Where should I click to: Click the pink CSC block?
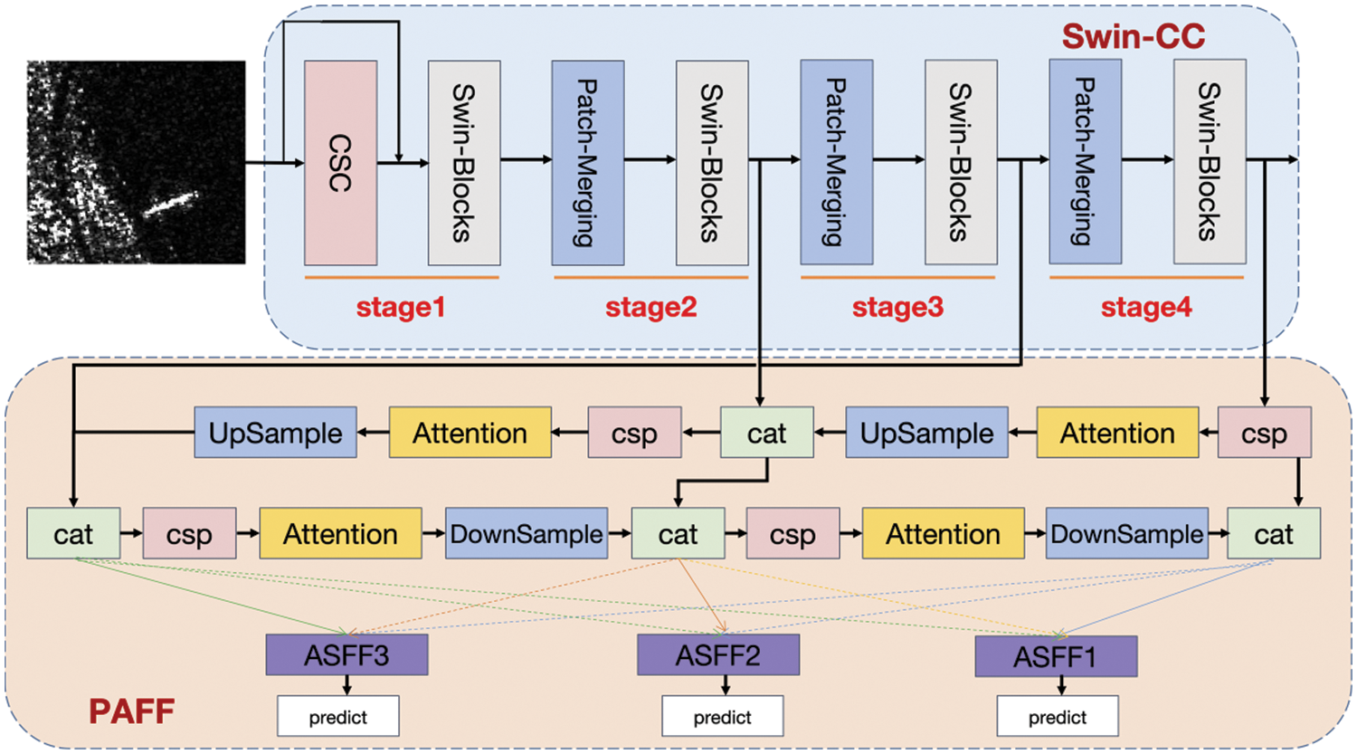point(340,162)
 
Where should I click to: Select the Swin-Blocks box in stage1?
point(464,162)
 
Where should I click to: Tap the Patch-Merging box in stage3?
point(837,162)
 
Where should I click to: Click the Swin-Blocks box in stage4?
point(1210,161)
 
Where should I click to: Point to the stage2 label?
point(651,307)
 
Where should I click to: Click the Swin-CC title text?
point(1134,36)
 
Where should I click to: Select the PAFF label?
point(131,711)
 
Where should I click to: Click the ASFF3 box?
point(346,654)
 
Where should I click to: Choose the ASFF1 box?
point(1056,656)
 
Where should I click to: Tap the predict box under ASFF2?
point(722,716)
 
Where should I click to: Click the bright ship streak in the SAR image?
point(171,204)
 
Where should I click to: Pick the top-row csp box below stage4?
point(1265,432)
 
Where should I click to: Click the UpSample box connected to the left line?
point(275,432)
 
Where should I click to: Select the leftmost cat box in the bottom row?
point(73,533)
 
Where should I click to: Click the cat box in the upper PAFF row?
point(766,432)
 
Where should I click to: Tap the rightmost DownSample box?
point(1127,533)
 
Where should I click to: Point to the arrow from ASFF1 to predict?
point(1061,686)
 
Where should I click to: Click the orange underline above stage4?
point(1146,278)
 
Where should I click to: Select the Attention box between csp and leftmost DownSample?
point(340,533)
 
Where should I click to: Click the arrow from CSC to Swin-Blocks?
point(403,163)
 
